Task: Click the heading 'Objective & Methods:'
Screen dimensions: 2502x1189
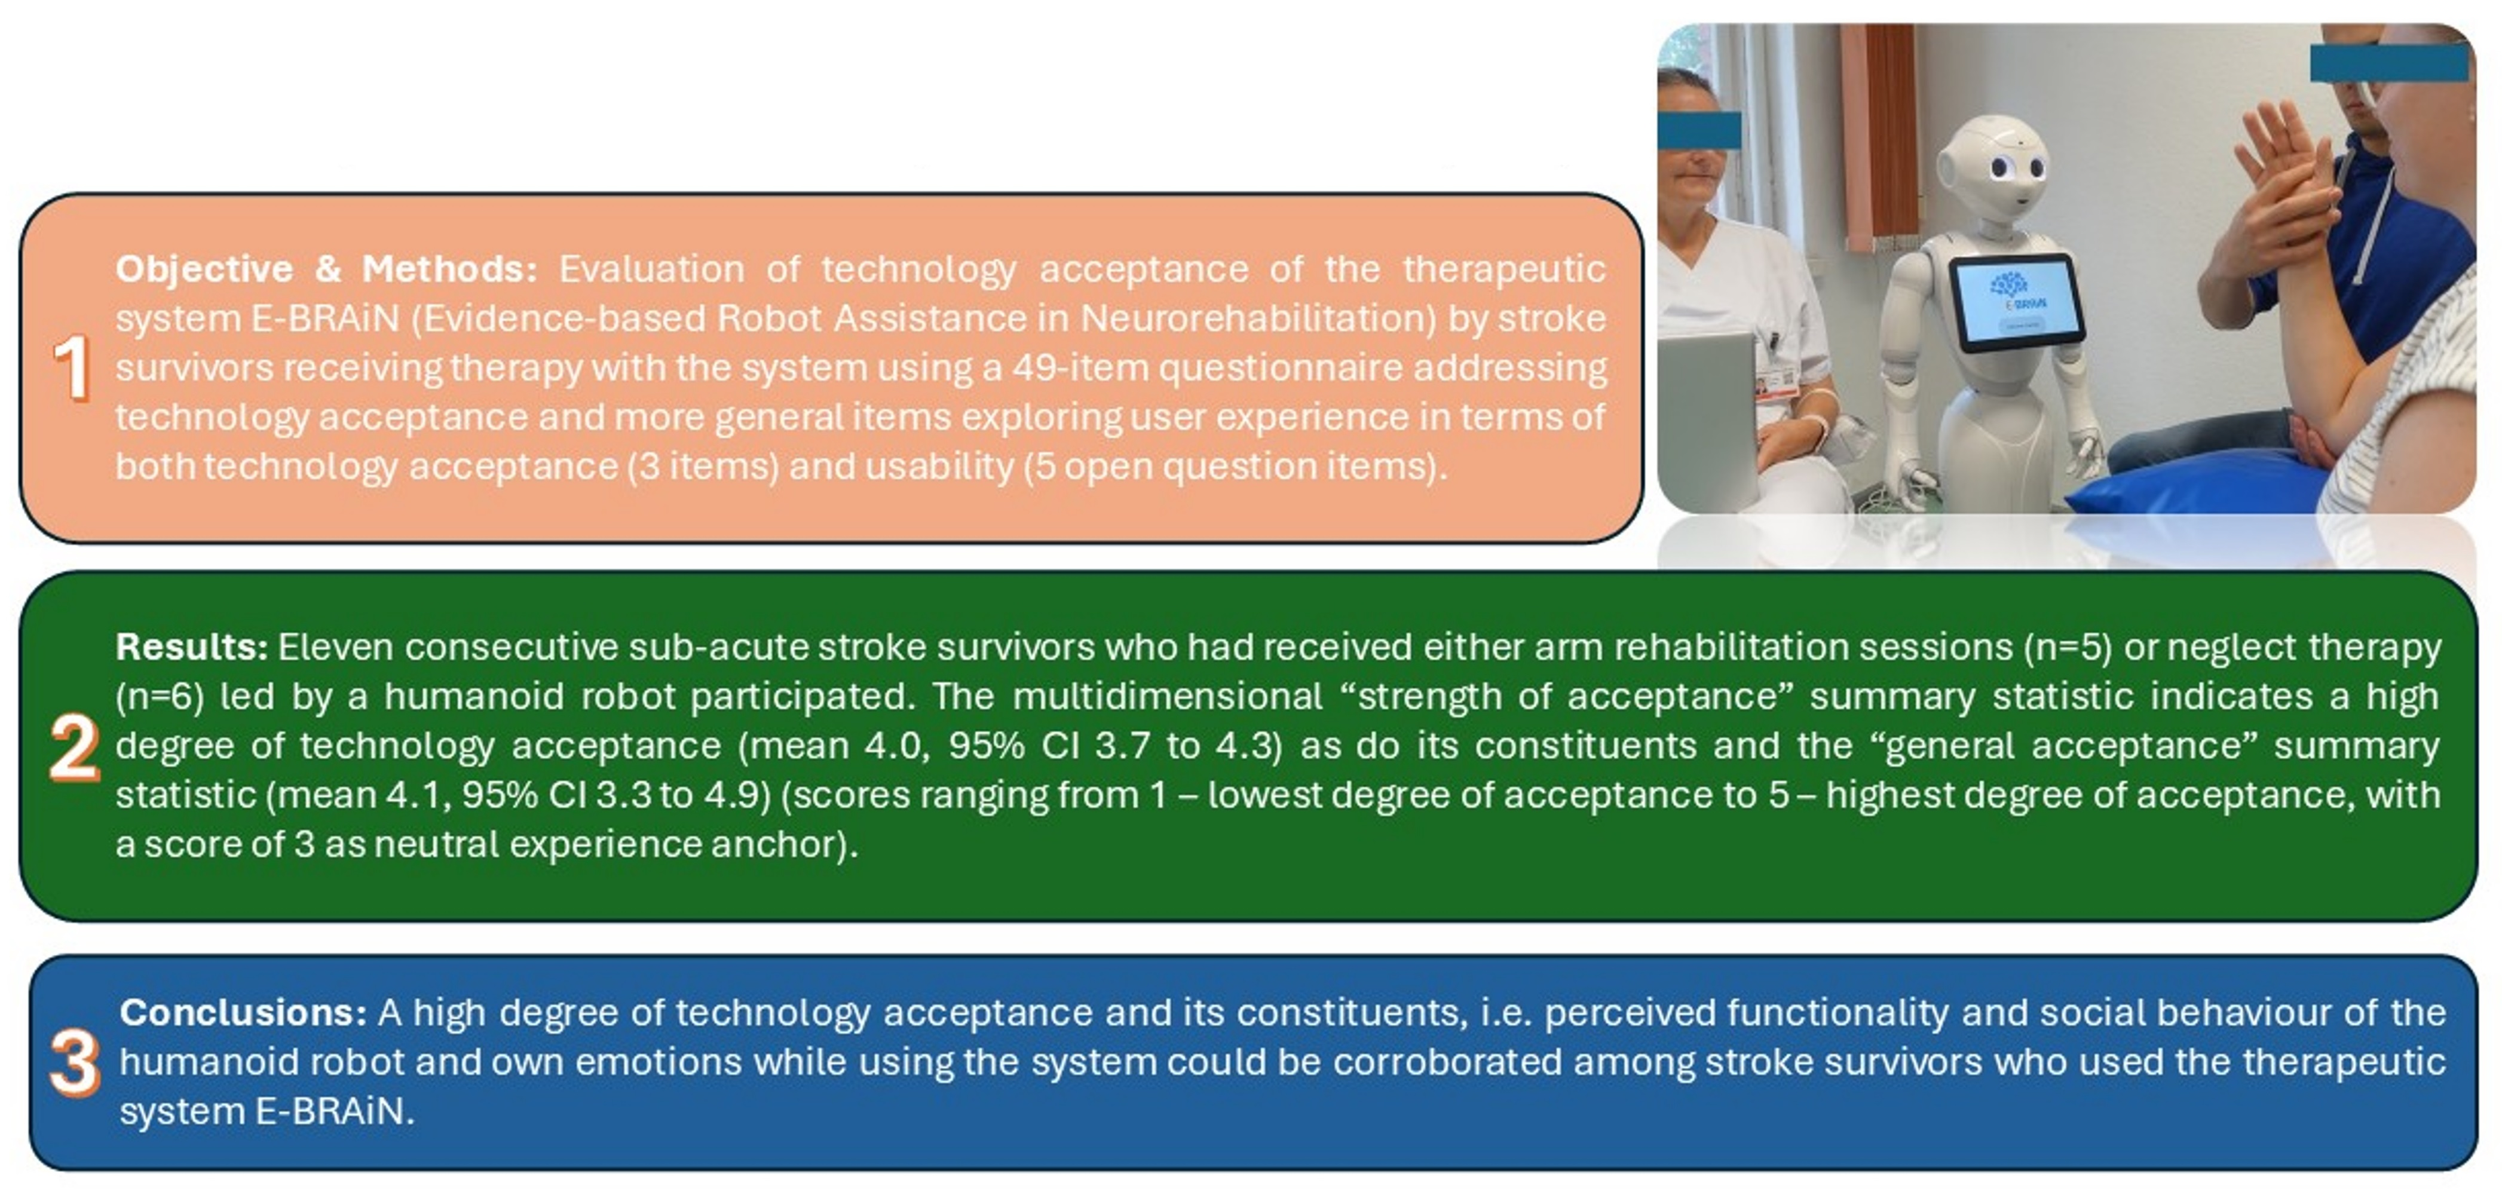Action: (x=326, y=269)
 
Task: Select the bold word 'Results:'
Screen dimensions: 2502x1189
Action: (x=191, y=647)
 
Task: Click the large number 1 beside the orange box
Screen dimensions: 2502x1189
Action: (x=72, y=368)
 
